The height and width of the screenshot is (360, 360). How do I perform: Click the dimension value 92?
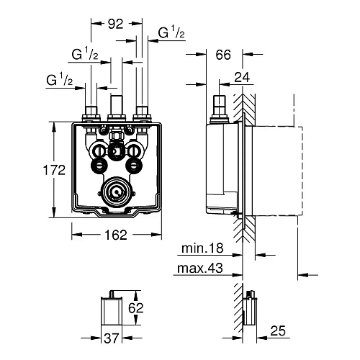click(x=115, y=24)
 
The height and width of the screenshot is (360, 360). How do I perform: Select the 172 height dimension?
click(x=54, y=170)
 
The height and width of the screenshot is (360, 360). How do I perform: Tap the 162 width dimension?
click(x=116, y=235)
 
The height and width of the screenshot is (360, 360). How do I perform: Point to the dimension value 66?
click(x=223, y=55)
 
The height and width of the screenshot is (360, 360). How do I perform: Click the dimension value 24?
click(x=242, y=77)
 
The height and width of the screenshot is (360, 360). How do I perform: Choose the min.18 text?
click(x=202, y=248)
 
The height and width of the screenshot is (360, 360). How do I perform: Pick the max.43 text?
click(x=200, y=268)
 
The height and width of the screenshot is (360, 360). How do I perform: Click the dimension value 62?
click(x=135, y=308)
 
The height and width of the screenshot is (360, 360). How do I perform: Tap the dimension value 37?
click(x=112, y=338)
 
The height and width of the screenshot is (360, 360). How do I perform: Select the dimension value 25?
click(x=278, y=331)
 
